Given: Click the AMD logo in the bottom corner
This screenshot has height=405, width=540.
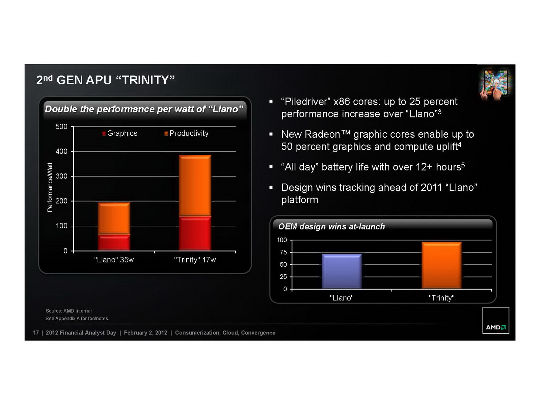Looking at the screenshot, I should pyautogui.click(x=495, y=320).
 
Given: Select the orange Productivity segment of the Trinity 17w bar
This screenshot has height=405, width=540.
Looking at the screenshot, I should pyautogui.click(x=195, y=185).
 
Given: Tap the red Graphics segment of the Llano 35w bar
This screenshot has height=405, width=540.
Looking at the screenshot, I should pyautogui.click(x=114, y=243).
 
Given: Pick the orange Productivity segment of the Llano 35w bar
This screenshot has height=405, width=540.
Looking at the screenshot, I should pyautogui.click(x=114, y=218).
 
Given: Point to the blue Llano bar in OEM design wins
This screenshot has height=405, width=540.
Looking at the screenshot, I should pyautogui.click(x=342, y=271).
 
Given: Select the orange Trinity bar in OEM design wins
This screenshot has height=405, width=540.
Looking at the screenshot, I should pyautogui.click(x=441, y=265).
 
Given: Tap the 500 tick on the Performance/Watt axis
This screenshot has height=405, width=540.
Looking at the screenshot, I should pyautogui.click(x=61, y=127).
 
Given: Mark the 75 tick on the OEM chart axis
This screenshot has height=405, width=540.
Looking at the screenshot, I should pyautogui.click(x=283, y=252).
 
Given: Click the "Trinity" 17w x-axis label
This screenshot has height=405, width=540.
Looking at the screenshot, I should pyautogui.click(x=195, y=260).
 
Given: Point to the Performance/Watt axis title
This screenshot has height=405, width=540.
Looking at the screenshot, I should pyautogui.click(x=50, y=187).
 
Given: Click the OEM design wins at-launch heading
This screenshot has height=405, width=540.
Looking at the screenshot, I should pyautogui.click(x=331, y=226).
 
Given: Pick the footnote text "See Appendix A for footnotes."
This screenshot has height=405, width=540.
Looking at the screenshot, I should pyautogui.click(x=77, y=319).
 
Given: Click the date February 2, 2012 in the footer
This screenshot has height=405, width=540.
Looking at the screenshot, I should pyautogui.click(x=145, y=333).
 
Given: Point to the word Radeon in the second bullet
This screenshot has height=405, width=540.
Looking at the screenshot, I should pyautogui.click(x=322, y=134).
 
